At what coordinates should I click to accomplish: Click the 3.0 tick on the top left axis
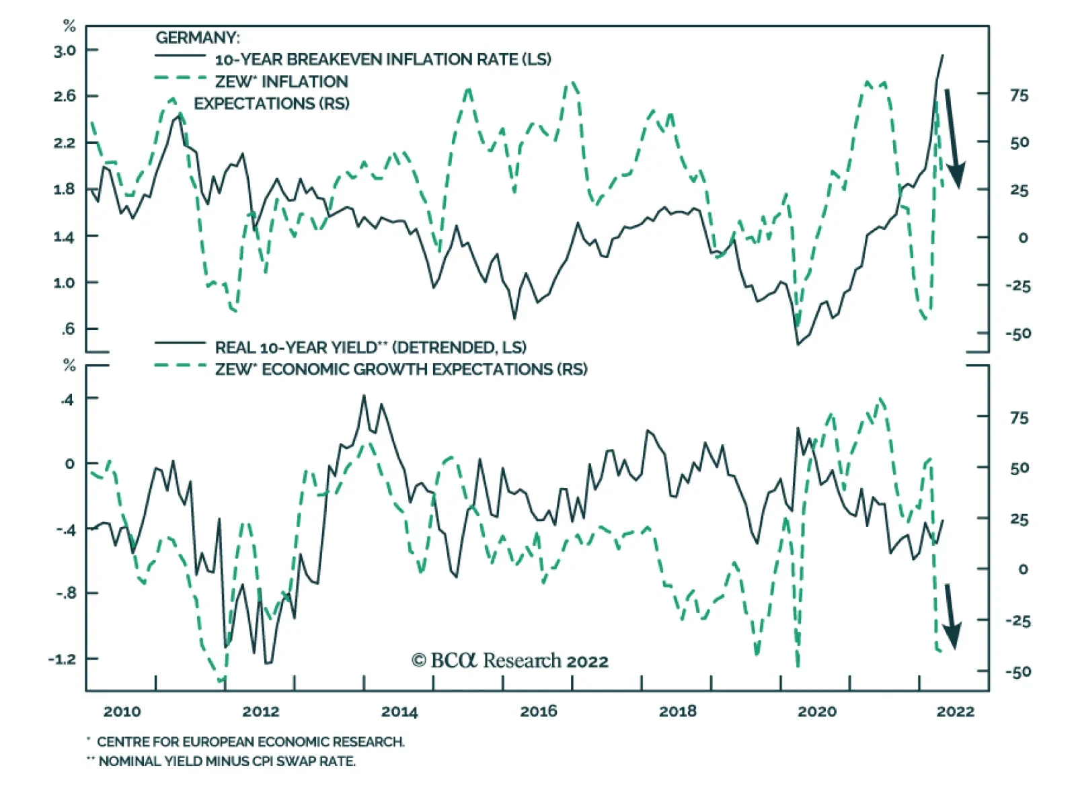pyautogui.click(x=65, y=50)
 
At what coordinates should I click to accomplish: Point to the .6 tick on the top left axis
pyautogui.click(x=68, y=329)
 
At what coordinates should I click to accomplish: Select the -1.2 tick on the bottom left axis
pyautogui.click(x=62, y=659)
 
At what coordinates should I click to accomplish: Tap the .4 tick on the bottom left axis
pyautogui.click(x=67, y=400)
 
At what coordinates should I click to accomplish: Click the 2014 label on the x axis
pyautogui.click(x=399, y=712)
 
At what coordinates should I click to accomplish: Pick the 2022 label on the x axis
pyautogui.click(x=955, y=712)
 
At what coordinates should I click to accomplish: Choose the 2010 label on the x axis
pyautogui.click(x=122, y=712)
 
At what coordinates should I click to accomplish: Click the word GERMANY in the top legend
pyautogui.click(x=198, y=38)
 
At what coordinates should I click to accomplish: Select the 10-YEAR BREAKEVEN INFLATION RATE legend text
pyautogui.click(x=383, y=59)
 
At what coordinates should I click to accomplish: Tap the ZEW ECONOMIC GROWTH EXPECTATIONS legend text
pyautogui.click(x=401, y=369)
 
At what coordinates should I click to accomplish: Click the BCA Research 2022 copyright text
pyautogui.click(x=510, y=661)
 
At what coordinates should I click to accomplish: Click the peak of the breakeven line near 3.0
pyautogui.click(x=942, y=55)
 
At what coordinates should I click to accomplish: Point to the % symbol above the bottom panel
pyautogui.click(x=69, y=366)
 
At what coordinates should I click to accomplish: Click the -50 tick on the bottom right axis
pyautogui.click(x=1017, y=671)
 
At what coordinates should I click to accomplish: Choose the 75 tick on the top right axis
pyautogui.click(x=1019, y=95)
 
